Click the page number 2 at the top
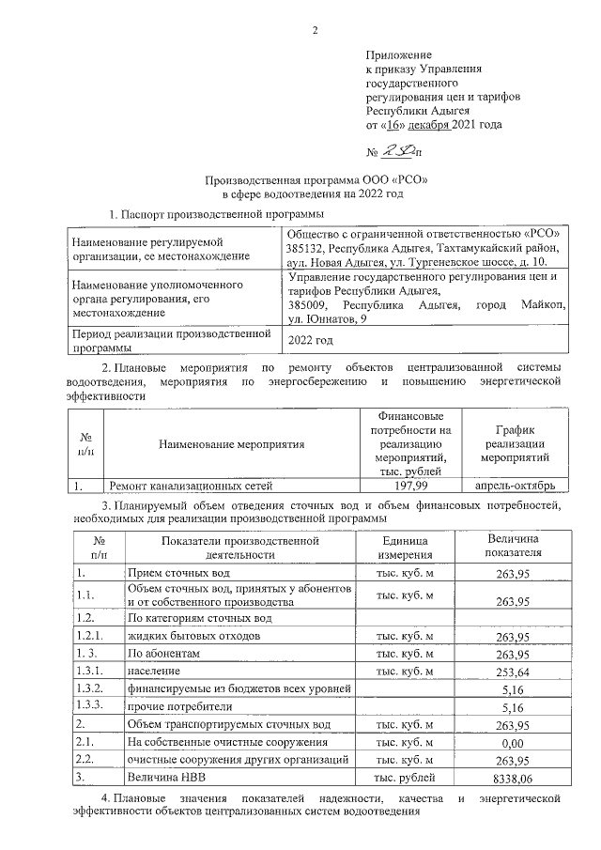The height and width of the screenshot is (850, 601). pos(316,31)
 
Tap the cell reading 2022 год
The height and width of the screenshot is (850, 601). pos(311,341)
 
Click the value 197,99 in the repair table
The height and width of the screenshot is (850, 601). pos(411,486)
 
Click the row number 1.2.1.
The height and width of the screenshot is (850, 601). pos(90,636)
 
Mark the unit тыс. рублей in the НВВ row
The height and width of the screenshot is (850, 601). pos(405,778)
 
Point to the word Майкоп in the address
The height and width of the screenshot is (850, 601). pos(540,305)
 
